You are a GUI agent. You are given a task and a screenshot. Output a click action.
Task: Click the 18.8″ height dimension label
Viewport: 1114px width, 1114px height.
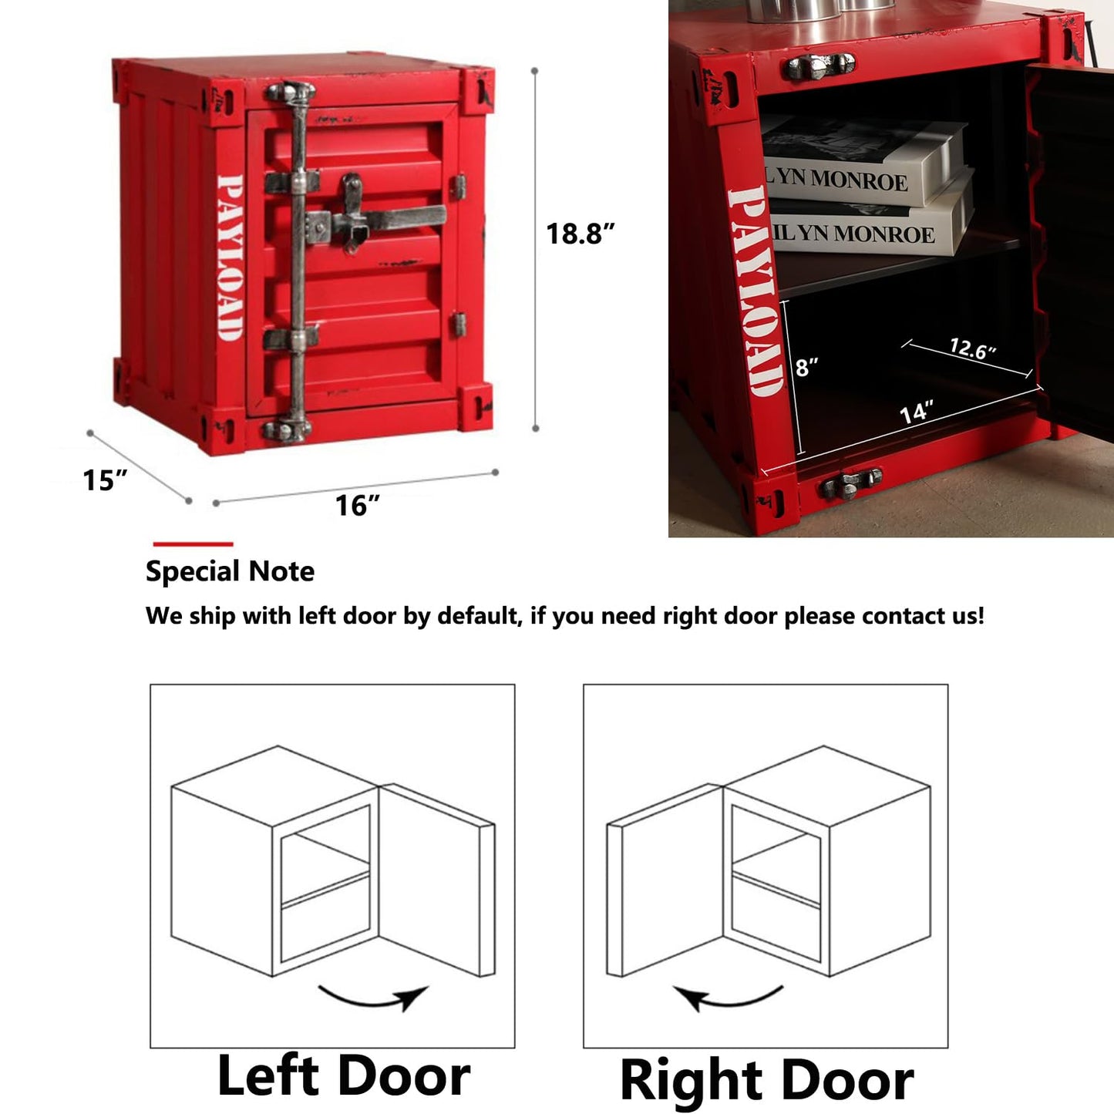[580, 234]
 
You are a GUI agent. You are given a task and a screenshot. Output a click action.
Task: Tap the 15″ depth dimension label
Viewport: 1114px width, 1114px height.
[105, 480]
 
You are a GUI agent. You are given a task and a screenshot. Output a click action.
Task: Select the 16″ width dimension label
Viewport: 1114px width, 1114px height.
[358, 505]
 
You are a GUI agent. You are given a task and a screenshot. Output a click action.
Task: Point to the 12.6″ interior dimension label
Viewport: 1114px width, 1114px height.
[973, 349]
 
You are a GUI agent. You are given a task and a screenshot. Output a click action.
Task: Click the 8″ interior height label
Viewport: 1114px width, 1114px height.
[806, 366]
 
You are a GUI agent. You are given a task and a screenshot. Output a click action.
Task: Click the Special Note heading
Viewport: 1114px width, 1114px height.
[230, 572]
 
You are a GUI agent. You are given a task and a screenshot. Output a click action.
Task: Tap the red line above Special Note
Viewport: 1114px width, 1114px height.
[193, 544]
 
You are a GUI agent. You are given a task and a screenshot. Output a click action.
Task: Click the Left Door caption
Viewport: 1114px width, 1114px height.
[343, 1076]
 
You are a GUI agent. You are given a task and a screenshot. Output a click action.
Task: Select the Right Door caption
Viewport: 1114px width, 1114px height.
[766, 1080]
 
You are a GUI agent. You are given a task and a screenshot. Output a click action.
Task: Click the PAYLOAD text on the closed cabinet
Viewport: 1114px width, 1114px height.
[231, 257]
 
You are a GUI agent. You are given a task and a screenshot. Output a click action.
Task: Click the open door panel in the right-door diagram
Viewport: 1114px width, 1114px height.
[665, 880]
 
